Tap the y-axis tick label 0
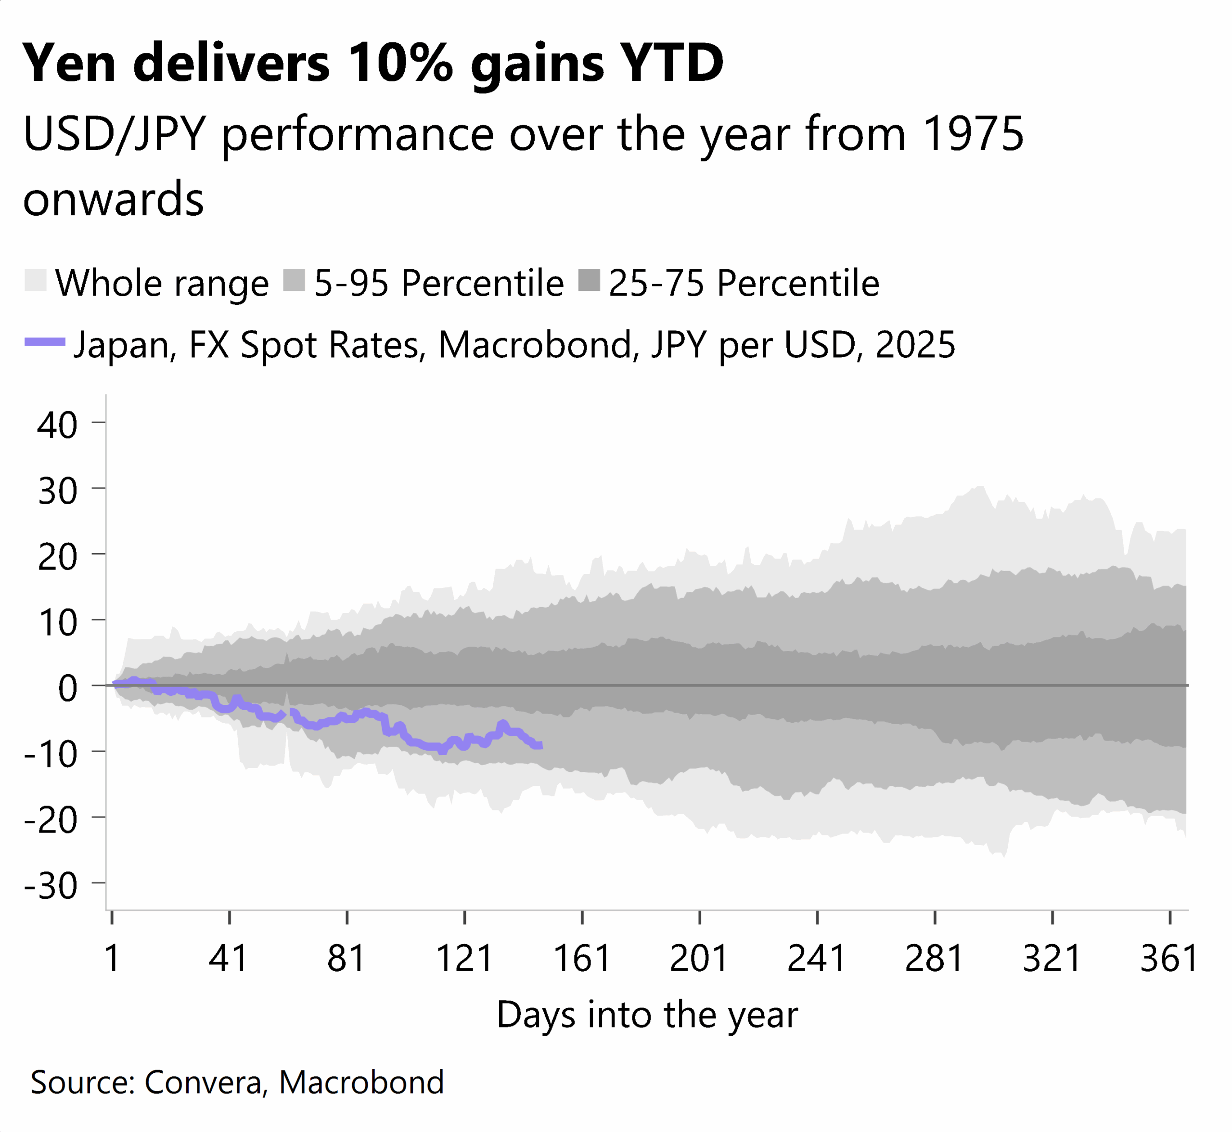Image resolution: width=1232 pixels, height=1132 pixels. pos(67,688)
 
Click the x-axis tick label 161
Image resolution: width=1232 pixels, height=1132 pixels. pos(582,959)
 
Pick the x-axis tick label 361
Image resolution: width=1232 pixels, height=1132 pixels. pos(1168,959)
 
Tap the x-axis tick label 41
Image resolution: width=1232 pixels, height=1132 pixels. pos(229,959)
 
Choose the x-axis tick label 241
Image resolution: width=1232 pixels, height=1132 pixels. pos(816,959)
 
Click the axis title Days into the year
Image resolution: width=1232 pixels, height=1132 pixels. pos(647,1015)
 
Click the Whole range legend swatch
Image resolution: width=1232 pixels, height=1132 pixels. pos(36,281)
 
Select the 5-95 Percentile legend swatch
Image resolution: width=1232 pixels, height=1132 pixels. pos(295,281)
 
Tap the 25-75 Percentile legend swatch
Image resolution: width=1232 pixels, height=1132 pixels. pos(589,281)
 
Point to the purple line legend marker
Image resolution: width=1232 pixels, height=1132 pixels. pos(45,342)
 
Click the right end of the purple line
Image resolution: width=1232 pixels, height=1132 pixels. pos(540,745)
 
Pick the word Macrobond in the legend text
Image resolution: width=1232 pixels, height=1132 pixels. pos(535,344)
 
